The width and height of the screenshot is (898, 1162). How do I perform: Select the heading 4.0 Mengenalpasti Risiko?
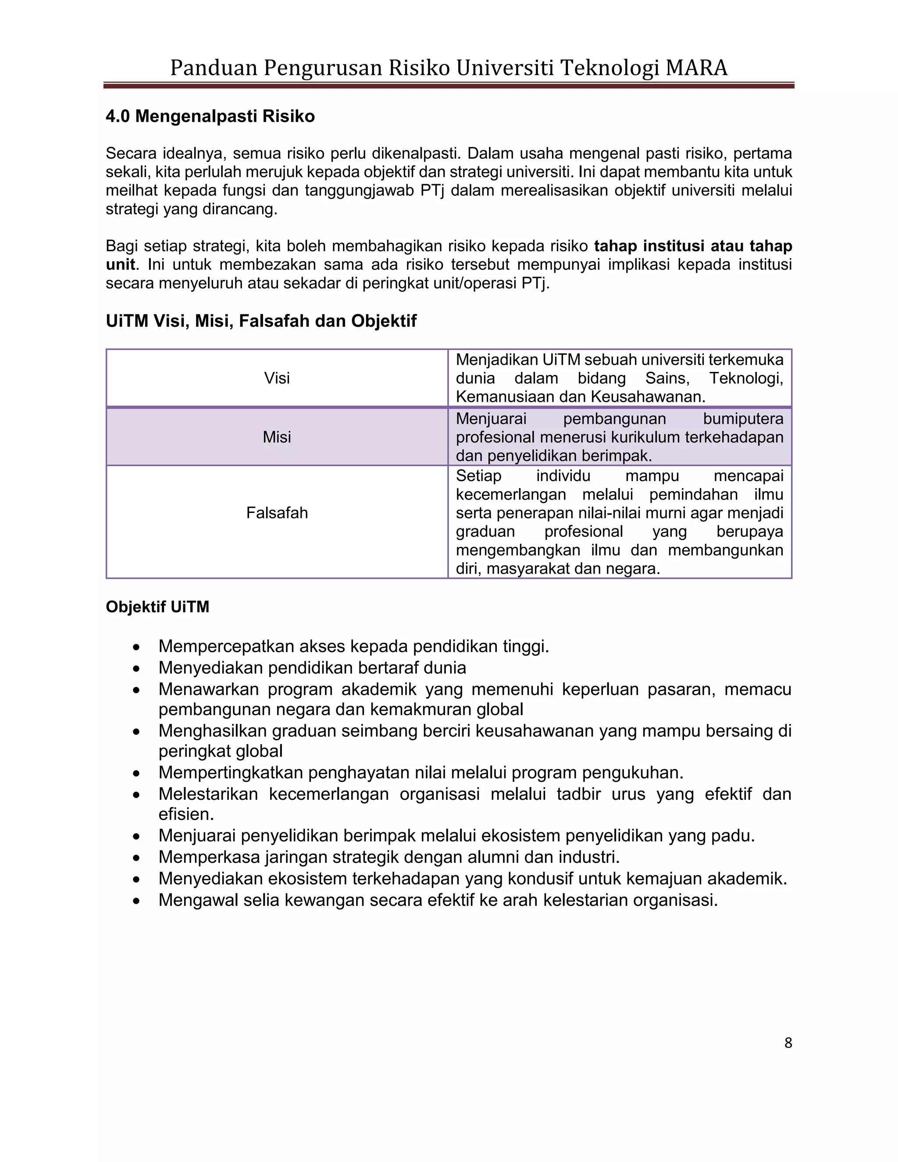[x=210, y=116]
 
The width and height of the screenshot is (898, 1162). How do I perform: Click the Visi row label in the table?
[x=277, y=378]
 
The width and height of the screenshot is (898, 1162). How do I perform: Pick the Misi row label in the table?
[x=277, y=437]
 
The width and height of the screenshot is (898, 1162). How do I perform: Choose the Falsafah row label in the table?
[x=277, y=513]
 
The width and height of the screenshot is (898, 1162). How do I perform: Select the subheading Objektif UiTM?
[x=157, y=607]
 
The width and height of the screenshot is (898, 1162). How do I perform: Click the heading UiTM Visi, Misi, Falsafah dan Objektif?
[x=261, y=321]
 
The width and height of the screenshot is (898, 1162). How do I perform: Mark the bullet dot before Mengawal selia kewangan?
[x=137, y=901]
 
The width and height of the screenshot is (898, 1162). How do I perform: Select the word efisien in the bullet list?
[x=185, y=815]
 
